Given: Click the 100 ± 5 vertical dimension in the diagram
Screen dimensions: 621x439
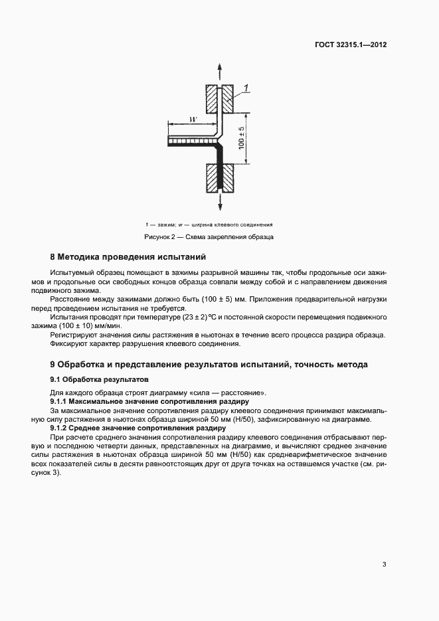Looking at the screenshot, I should tap(242, 138).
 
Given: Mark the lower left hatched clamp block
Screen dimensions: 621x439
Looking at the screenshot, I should tap(212, 177).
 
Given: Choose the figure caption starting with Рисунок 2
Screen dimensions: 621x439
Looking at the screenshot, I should tap(209, 237).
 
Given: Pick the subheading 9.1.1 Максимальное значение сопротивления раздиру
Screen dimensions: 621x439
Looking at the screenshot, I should tap(149, 402).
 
